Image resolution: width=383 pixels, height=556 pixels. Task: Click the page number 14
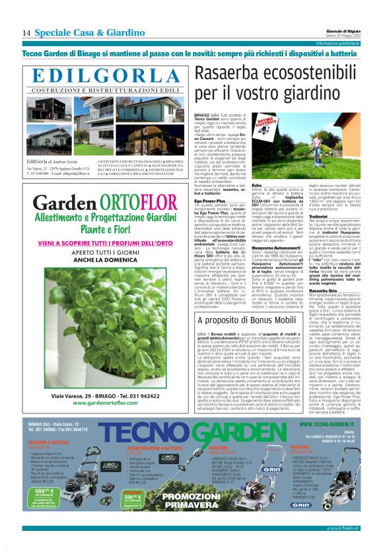[26, 33]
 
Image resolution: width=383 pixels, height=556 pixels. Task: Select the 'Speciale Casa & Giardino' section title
[90, 33]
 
